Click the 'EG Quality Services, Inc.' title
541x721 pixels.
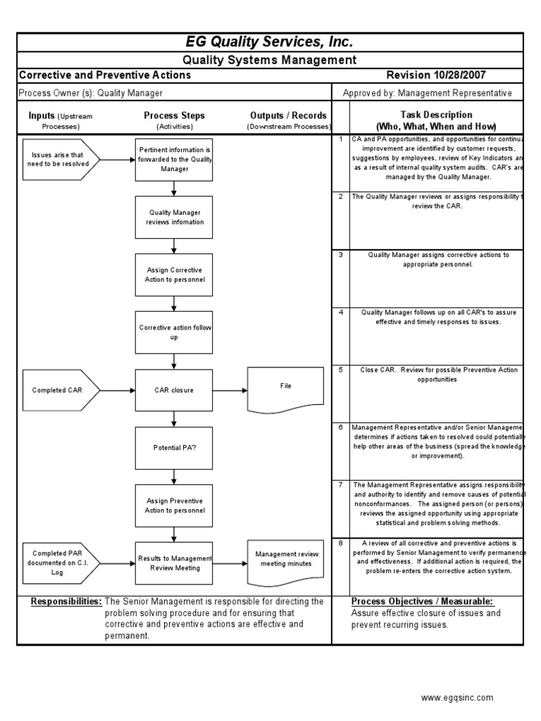tap(270, 42)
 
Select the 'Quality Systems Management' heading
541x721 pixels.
tap(270, 61)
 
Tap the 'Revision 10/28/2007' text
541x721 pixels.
tap(436, 75)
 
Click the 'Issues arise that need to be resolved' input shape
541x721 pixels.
tap(61, 160)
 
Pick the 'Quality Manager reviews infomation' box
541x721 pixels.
tap(174, 217)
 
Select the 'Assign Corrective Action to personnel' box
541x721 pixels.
tap(174, 275)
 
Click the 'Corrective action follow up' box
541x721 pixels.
tap(174, 332)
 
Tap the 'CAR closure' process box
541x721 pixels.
tap(174, 390)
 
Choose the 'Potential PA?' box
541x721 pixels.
tap(174, 447)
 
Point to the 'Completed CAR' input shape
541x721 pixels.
tap(61, 390)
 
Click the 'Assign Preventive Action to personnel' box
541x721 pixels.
tap(174, 505)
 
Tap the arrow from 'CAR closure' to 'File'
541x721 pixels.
tap(230, 390)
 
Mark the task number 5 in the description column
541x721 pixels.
tap(341, 369)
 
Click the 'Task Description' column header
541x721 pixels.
tap(436, 120)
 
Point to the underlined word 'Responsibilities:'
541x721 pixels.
tap(67, 602)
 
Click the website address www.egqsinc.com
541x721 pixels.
tap(457, 698)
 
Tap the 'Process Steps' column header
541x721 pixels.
tap(174, 115)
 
